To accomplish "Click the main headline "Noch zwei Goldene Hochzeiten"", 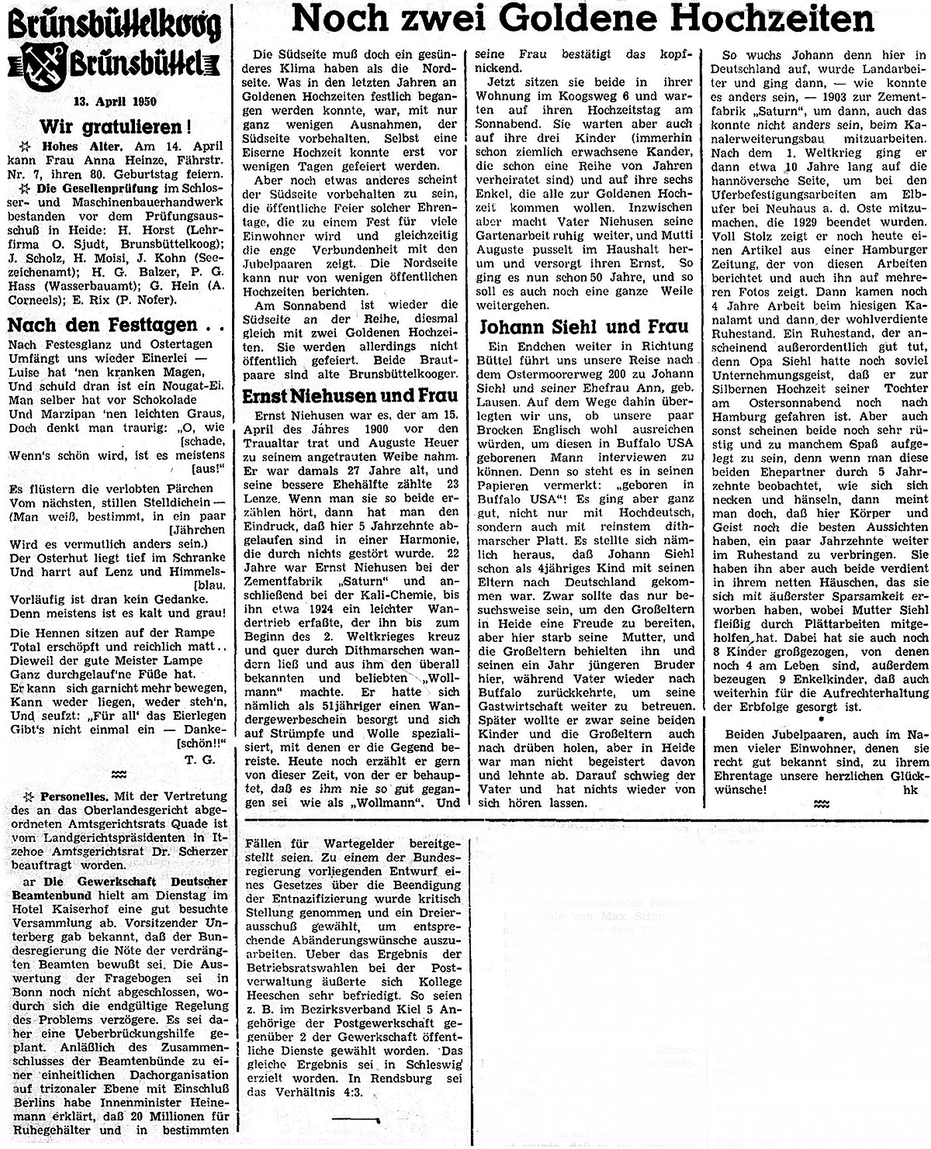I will pyautogui.click(x=583, y=20).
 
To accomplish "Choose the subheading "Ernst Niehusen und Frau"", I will pyautogui.click(x=350, y=395).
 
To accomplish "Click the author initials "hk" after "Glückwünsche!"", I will pyautogui.click(x=910, y=790).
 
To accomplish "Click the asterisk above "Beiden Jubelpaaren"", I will pyautogui.click(x=821, y=720).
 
